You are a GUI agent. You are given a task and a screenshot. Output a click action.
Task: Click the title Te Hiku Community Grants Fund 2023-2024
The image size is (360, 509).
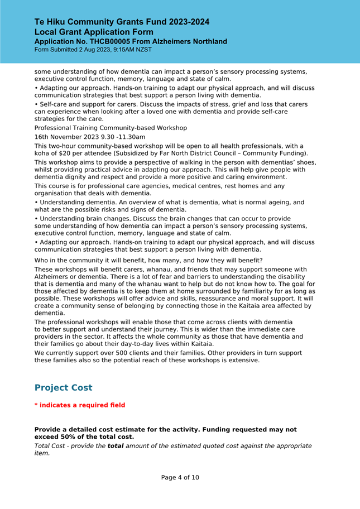point(122,22)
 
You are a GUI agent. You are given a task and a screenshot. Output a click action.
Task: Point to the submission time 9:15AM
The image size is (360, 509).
point(118,50)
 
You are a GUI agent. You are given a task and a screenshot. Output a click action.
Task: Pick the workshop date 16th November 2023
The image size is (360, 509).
point(66,137)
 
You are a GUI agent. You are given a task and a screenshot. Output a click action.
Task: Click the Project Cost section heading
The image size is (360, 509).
point(63,388)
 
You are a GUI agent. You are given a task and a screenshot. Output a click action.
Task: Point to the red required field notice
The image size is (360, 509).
point(80,405)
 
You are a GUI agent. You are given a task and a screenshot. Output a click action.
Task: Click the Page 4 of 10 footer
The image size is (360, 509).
point(180,478)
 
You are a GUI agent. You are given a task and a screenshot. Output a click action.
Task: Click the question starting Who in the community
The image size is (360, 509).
point(148,261)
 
